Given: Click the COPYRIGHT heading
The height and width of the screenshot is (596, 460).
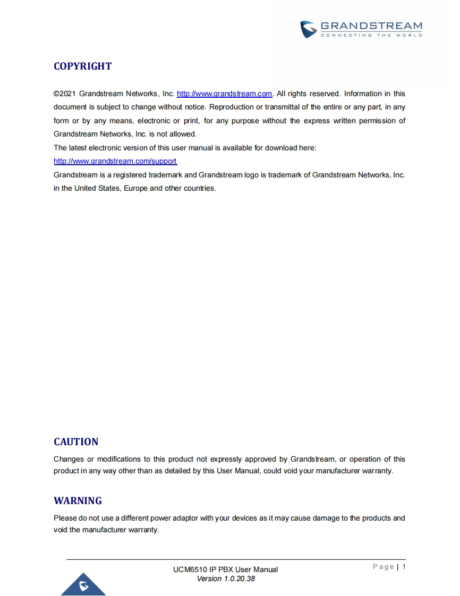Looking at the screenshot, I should (83, 66).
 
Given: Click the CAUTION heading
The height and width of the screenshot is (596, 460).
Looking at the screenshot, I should (76, 442).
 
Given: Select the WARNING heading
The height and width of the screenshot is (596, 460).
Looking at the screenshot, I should (78, 501).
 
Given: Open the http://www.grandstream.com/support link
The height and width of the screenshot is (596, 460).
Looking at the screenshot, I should (115, 161).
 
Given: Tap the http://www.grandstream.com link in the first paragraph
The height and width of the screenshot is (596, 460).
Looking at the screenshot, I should (224, 93).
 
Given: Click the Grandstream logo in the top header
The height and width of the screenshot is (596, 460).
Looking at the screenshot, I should (361, 29).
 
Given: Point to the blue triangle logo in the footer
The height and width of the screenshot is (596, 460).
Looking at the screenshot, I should (83, 585).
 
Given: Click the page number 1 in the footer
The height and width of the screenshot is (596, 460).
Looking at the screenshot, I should (404, 567).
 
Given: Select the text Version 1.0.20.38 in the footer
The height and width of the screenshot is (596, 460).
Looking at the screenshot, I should (226, 578).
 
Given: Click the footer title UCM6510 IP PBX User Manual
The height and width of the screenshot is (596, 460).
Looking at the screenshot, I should (225, 569).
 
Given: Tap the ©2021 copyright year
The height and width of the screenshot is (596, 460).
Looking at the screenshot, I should (64, 93).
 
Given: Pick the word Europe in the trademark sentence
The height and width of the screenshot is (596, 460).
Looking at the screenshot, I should (135, 188).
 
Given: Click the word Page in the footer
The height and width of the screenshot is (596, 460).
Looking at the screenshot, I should (383, 567).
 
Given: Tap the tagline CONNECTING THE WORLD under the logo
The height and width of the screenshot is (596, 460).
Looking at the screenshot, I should (371, 36).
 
